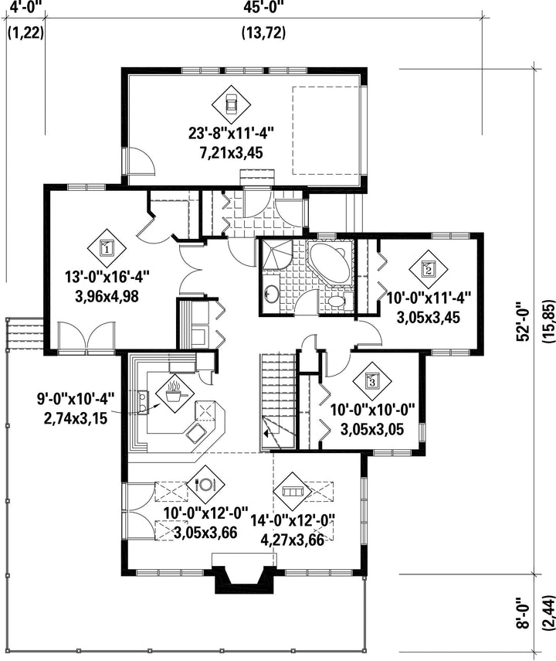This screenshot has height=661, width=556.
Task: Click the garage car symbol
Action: [231, 104]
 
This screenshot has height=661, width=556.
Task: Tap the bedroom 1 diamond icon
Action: [107, 248]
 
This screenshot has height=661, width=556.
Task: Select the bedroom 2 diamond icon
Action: [429, 268]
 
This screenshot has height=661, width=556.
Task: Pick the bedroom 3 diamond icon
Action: [372, 381]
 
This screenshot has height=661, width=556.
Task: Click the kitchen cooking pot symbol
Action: [175, 394]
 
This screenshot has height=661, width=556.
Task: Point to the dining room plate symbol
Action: [205, 485]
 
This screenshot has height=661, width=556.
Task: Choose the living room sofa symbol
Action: [292, 491]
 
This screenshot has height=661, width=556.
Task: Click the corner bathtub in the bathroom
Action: [331, 263]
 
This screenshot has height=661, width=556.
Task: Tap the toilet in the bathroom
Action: [337, 301]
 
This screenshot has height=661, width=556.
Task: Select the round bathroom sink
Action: [271, 292]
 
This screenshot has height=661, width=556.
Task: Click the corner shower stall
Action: [276, 254]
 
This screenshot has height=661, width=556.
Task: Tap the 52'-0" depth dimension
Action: [523, 322]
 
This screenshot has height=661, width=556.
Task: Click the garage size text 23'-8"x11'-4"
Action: [231, 134]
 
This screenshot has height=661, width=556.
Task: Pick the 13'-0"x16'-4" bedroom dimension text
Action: [107, 278]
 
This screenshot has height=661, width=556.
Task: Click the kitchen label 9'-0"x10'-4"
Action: [76, 399]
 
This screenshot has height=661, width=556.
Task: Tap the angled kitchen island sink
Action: [196, 433]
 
